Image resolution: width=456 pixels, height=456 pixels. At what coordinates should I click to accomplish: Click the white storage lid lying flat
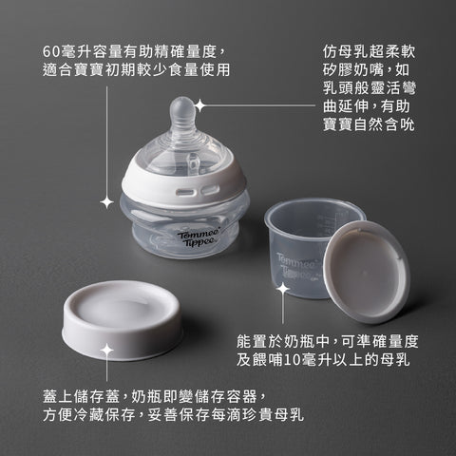(x=122, y=320)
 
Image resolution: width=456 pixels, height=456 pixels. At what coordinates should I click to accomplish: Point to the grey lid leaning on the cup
(x=367, y=272)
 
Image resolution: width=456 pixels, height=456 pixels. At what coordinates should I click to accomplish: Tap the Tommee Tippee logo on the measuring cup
(x=295, y=267)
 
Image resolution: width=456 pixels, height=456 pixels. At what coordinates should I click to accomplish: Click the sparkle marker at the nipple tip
(x=199, y=105)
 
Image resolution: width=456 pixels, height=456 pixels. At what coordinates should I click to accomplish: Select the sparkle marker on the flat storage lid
(x=107, y=351)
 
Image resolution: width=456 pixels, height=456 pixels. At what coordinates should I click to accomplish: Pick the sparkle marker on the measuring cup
(x=283, y=289)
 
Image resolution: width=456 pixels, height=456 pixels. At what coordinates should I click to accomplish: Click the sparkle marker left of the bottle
(x=107, y=202)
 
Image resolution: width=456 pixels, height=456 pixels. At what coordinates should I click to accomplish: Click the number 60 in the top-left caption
(x=51, y=52)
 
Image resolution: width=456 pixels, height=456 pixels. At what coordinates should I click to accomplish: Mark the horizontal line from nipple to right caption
(x=257, y=105)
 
